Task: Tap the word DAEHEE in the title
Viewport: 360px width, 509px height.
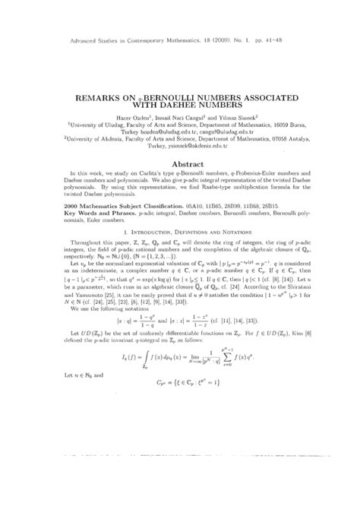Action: click(203, 108)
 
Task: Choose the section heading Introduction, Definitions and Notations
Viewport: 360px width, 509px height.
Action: click(184, 260)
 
